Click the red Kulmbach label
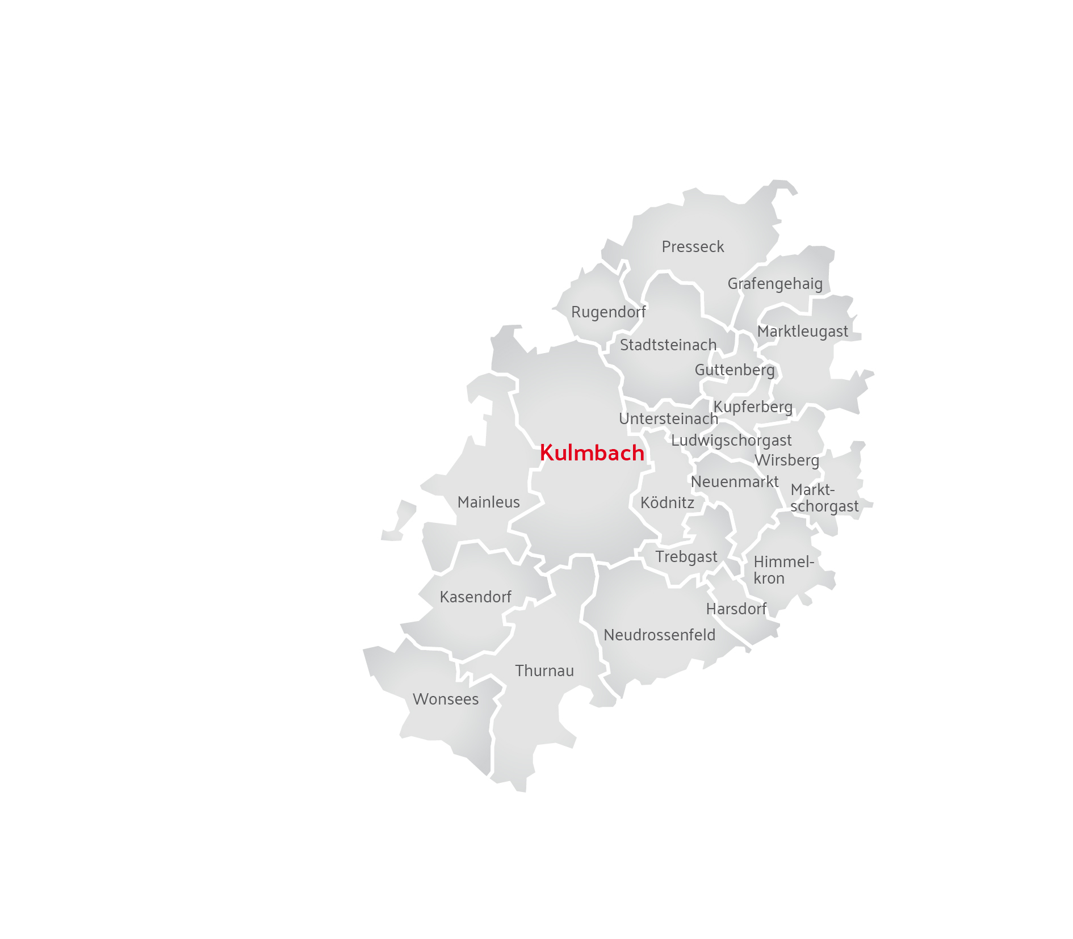pyautogui.click(x=592, y=453)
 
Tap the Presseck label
pyautogui.click(x=693, y=247)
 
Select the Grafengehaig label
pyautogui.click(x=775, y=284)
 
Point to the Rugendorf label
pyautogui.click(x=608, y=312)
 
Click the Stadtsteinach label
pyautogui.click(x=668, y=345)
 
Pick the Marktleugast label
pyautogui.click(x=802, y=332)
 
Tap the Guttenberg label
pyautogui.click(x=735, y=370)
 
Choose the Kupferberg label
pyautogui.click(x=753, y=407)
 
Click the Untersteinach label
pyautogui.click(x=668, y=419)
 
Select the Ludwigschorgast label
pyautogui.click(x=731, y=441)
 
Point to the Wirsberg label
pyautogui.click(x=786, y=460)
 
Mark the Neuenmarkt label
pyautogui.click(x=735, y=482)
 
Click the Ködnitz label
pyautogui.click(x=667, y=503)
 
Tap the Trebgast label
pyautogui.click(x=686, y=557)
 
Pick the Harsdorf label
pyautogui.click(x=736, y=609)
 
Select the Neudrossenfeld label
pyautogui.click(x=659, y=635)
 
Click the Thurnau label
pyautogui.click(x=544, y=671)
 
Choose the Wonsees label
pyautogui.click(x=446, y=699)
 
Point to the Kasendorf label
pyautogui.click(x=475, y=597)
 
